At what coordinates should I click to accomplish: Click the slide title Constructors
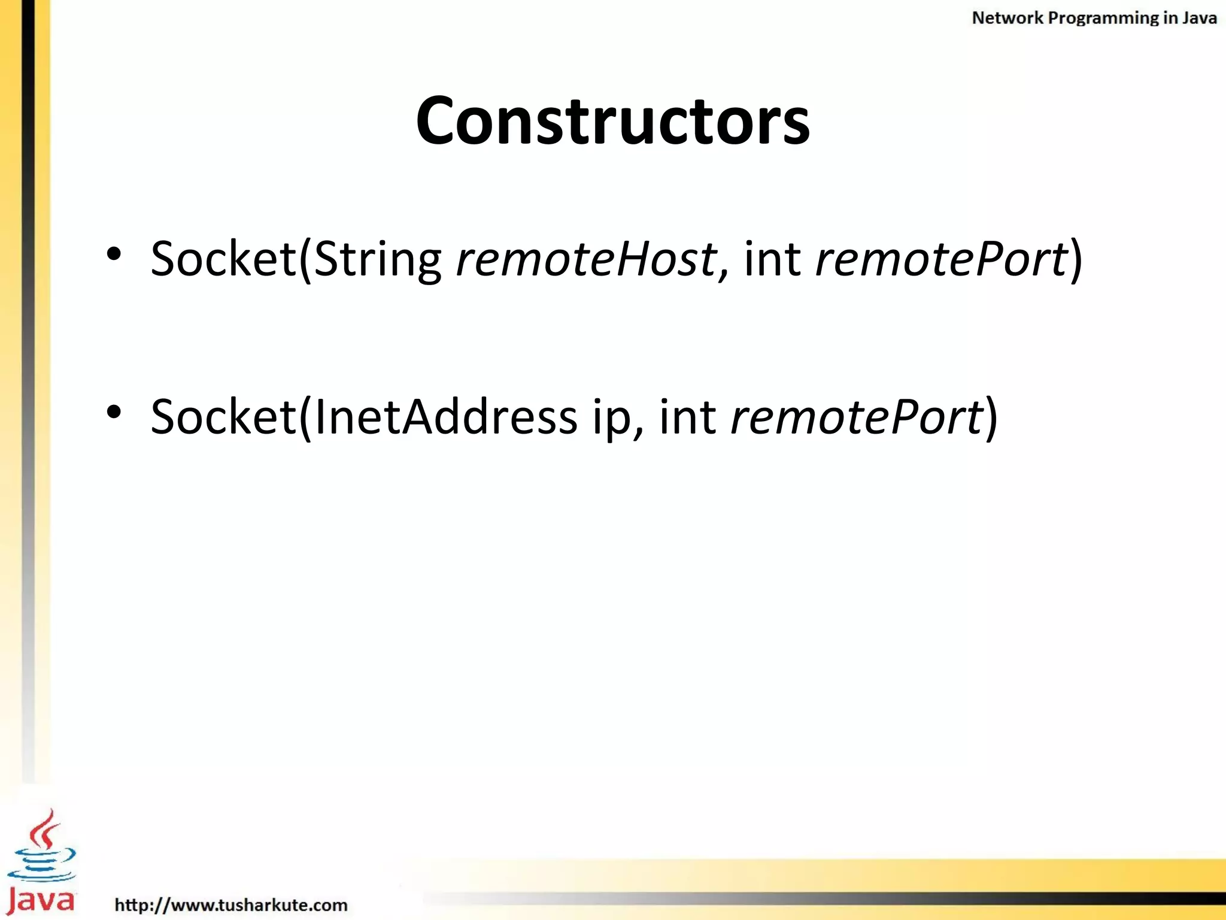(612, 121)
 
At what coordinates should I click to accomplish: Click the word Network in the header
(1007, 18)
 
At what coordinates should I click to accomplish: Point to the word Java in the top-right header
(1199, 18)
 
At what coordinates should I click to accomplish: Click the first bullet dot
(114, 255)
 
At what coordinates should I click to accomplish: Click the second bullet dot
(114, 412)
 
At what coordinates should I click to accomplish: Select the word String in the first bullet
(377, 259)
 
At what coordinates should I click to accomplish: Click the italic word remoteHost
(587, 259)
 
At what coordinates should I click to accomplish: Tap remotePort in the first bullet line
(941, 259)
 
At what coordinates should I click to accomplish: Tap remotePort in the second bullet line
(856, 417)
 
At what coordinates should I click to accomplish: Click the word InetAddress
(445, 417)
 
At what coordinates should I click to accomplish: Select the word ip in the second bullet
(612, 417)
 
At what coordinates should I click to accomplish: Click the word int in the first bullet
(772, 259)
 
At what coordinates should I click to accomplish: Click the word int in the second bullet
(687, 417)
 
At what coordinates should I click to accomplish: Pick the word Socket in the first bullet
(223, 259)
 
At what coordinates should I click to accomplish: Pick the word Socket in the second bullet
(223, 417)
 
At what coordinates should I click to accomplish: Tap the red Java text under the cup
(41, 900)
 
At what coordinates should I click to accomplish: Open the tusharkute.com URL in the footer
(231, 904)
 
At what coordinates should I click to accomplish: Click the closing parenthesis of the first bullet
(1076, 259)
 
